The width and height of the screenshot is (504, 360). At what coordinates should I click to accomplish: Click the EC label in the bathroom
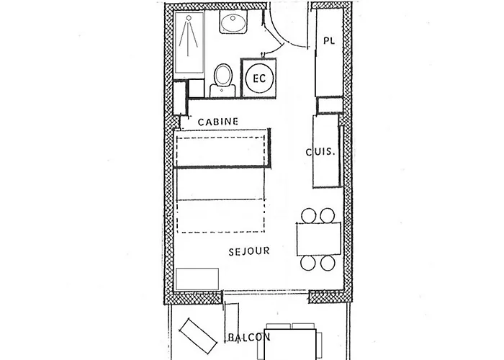pyautogui.click(x=259, y=77)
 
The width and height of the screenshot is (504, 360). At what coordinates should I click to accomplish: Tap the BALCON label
pyautogui.click(x=248, y=337)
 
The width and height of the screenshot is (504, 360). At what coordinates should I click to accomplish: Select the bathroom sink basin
pyautogui.click(x=234, y=24)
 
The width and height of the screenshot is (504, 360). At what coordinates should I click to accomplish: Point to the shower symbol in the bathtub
pyautogui.click(x=189, y=40)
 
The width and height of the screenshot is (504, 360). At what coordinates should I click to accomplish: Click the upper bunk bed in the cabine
pyautogui.click(x=222, y=149)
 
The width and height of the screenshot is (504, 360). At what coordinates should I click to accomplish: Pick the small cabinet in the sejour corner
pyautogui.click(x=197, y=278)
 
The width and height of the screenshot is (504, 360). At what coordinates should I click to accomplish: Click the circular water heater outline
pyautogui.click(x=259, y=77)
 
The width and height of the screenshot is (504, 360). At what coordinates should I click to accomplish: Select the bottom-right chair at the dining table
pyautogui.click(x=328, y=261)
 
